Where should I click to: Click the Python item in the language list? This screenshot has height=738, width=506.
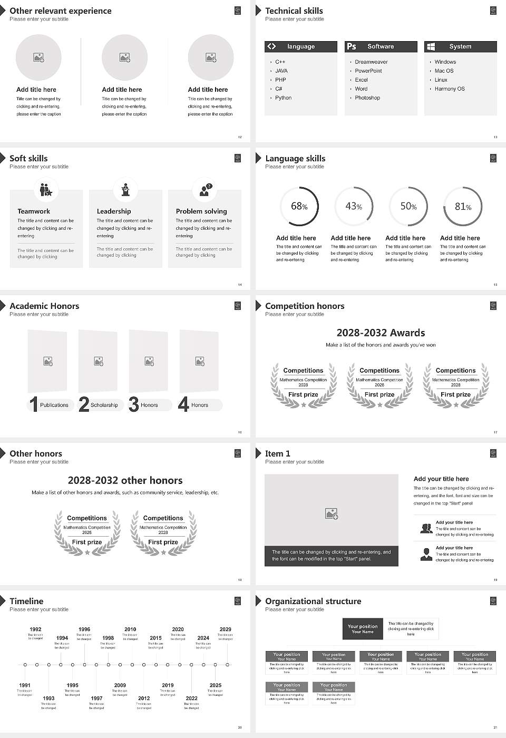(x=283, y=98)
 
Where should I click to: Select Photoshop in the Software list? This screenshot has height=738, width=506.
(x=367, y=98)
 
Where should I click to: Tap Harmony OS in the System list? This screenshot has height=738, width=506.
(x=450, y=89)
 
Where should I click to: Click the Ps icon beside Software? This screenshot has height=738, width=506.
(x=352, y=46)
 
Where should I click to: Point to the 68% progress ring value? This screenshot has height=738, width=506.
(x=299, y=207)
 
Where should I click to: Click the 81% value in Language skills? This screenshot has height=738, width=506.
(x=463, y=207)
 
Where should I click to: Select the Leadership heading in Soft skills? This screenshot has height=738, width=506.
(x=114, y=211)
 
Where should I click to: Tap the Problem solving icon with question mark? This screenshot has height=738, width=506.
(x=205, y=190)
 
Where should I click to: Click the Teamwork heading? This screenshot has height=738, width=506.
(x=34, y=211)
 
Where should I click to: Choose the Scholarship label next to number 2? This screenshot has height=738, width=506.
(x=104, y=405)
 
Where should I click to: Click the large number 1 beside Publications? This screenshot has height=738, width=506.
(x=33, y=404)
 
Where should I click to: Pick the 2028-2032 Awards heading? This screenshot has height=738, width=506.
(x=381, y=333)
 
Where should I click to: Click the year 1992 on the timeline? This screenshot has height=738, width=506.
(x=35, y=629)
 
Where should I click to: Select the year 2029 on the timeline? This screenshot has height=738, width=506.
(x=225, y=629)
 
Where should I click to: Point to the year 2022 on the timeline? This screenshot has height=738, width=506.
(x=191, y=698)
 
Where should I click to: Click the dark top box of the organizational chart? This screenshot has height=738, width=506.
(x=363, y=629)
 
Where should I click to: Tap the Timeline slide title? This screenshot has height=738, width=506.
(x=26, y=601)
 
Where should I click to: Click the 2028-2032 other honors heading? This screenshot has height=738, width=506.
(x=125, y=481)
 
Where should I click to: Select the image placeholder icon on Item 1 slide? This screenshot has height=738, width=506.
(x=332, y=513)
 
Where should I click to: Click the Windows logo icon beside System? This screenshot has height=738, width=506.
(x=431, y=46)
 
